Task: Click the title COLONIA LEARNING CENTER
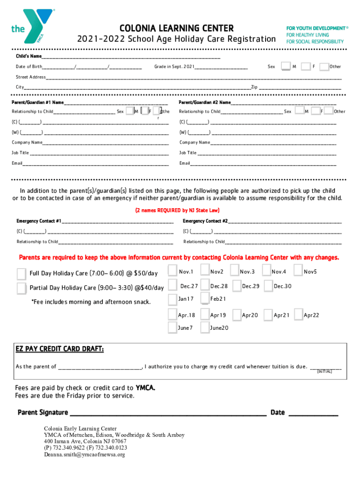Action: tap(177, 29)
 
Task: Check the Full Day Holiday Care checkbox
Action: tap(22, 273)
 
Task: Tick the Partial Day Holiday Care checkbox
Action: tap(22, 288)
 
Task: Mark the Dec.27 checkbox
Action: tap(173, 285)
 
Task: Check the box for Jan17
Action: tap(173, 299)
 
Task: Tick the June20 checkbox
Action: tap(204, 327)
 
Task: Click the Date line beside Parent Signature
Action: tap(313, 414)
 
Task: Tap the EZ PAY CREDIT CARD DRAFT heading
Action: tap(59, 350)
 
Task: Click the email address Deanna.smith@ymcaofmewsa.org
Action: tap(84, 454)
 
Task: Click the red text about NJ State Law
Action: tap(177, 210)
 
